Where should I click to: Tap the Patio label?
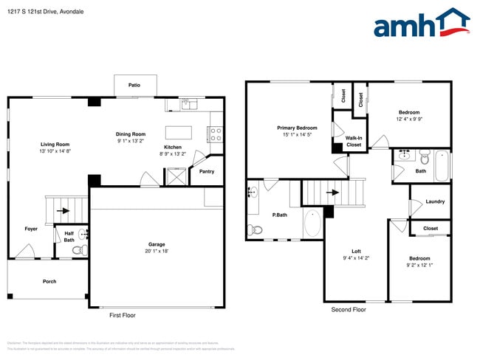pyautogui.click(x=134, y=86)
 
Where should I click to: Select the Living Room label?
pyautogui.click(x=55, y=144)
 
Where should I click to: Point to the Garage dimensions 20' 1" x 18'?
pyautogui.click(x=156, y=251)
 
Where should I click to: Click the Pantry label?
pyautogui.click(x=206, y=171)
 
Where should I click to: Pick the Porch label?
pyautogui.click(x=49, y=281)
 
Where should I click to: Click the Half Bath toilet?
pyautogui.click(x=78, y=250)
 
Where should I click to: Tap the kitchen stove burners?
pyautogui.click(x=216, y=134)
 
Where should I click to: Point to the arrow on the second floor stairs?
pyautogui.click(x=334, y=193)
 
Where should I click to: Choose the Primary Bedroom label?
pyautogui.click(x=297, y=128)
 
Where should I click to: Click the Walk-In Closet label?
pyautogui.click(x=354, y=141)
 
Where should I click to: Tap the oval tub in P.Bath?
pyautogui.click(x=312, y=224)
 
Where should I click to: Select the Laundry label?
pyautogui.click(x=435, y=201)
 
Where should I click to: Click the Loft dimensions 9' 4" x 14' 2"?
pyautogui.click(x=356, y=258)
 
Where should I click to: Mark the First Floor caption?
pyautogui.click(x=123, y=315)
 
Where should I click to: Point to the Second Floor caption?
pyautogui.click(x=349, y=310)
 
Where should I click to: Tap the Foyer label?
pyautogui.click(x=31, y=229)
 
